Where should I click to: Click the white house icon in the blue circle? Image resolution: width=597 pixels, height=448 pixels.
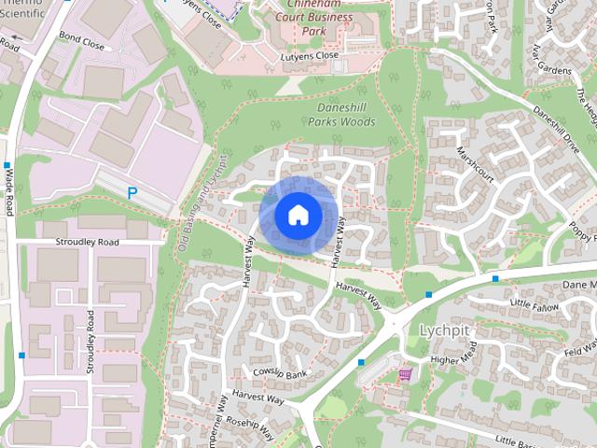(298, 215)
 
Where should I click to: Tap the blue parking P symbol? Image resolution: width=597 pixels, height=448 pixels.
(132, 192)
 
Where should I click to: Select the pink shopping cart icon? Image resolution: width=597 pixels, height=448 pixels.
(404, 375)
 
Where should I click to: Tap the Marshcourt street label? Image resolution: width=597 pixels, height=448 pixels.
(473, 164)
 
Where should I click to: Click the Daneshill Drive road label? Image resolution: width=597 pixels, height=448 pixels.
(556, 122)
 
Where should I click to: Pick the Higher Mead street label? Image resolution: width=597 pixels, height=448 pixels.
(453, 359)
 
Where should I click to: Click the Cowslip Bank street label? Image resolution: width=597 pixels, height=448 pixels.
(280, 372)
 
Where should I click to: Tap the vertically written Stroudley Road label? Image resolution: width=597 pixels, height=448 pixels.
(90, 342)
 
